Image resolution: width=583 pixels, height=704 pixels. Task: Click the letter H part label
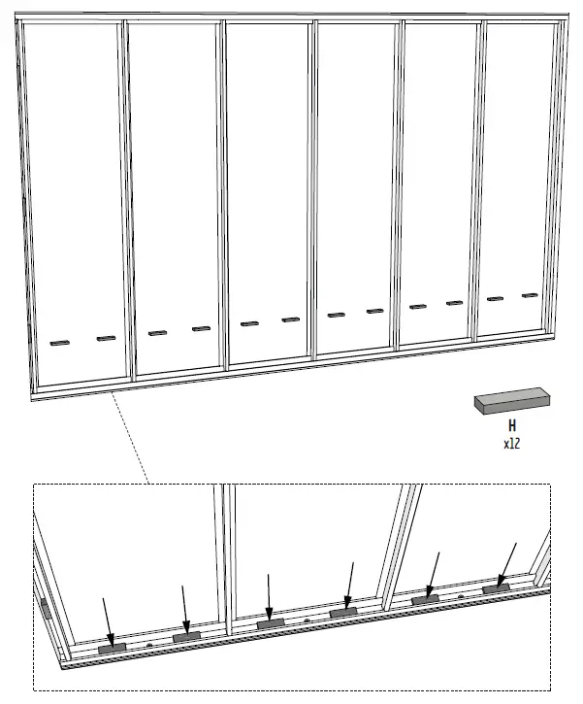[x=511, y=425]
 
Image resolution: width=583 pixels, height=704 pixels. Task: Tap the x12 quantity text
[x=511, y=444]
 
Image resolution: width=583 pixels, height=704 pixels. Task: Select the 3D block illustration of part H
[x=511, y=400]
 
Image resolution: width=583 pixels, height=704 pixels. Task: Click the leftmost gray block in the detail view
[x=113, y=647]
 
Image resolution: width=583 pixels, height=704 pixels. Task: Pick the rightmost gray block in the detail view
[x=497, y=587]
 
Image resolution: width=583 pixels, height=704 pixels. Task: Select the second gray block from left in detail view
[x=186, y=636]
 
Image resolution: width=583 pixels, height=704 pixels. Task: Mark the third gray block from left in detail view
[x=270, y=622]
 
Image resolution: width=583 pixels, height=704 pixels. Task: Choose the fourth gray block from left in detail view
[x=343, y=612]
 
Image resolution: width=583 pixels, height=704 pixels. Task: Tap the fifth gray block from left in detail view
[x=425, y=599]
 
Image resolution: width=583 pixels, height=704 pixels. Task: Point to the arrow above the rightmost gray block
[x=508, y=562]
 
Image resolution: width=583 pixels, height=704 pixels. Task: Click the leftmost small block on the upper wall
[x=60, y=342]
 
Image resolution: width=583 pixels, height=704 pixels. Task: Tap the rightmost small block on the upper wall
[x=530, y=294]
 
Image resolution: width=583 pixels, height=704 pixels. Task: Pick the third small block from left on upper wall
[x=157, y=333]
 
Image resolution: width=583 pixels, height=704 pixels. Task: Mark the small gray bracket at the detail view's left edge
[x=45, y=608]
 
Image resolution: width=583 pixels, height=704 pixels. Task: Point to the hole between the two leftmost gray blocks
[x=149, y=643]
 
